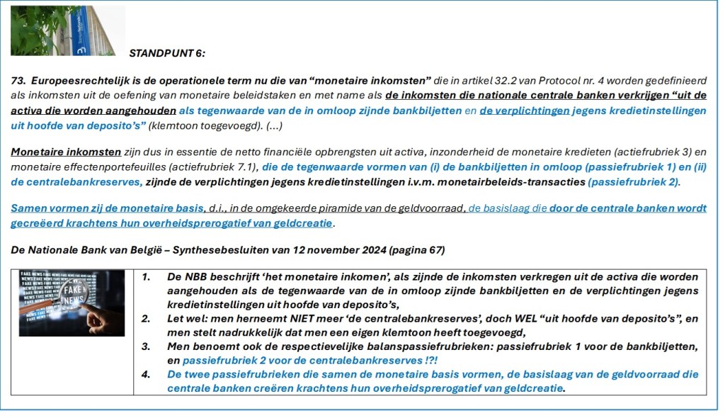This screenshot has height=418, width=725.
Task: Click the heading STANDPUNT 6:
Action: [x=167, y=52]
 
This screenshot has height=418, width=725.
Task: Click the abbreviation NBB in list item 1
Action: [x=196, y=277]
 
